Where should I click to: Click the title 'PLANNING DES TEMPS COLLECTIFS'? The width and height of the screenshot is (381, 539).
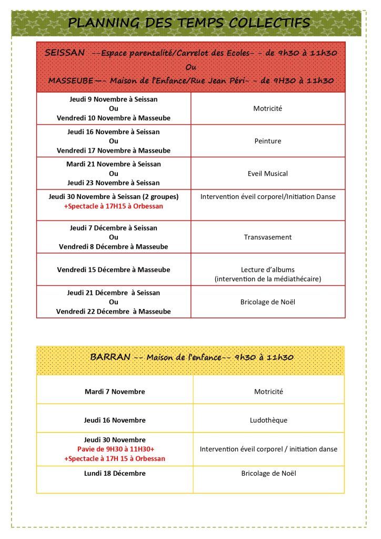pyautogui.click(x=189, y=23)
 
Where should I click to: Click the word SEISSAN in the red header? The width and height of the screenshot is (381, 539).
pyautogui.click(x=65, y=53)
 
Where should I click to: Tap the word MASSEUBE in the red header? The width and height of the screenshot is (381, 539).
pyautogui.click(x=68, y=81)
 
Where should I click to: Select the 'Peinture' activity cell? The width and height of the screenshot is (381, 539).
pyautogui.click(x=268, y=141)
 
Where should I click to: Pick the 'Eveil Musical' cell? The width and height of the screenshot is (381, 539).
pyautogui.click(x=268, y=173)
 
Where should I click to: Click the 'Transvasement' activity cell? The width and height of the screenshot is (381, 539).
pyautogui.click(x=268, y=237)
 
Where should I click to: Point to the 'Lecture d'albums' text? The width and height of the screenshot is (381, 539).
pyautogui.click(x=268, y=269)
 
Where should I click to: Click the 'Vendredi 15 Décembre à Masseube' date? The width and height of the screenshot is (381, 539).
pyautogui.click(x=114, y=270)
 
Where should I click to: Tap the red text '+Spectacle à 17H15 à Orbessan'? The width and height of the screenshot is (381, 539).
pyautogui.click(x=114, y=206)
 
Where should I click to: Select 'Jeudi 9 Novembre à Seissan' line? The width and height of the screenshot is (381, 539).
pyautogui.click(x=114, y=99)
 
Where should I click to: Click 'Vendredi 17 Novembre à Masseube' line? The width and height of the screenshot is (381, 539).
pyautogui.click(x=114, y=151)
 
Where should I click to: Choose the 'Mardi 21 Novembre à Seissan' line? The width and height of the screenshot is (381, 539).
pyautogui.click(x=114, y=164)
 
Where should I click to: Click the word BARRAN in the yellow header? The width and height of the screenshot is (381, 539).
pyautogui.click(x=110, y=357)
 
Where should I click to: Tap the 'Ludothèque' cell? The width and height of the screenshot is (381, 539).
pyautogui.click(x=268, y=421)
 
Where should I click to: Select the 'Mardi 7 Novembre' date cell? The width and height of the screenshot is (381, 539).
pyautogui.click(x=115, y=392)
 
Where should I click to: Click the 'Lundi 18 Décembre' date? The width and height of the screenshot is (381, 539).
pyautogui.click(x=115, y=473)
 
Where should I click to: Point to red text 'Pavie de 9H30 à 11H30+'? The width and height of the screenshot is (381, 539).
pyautogui.click(x=115, y=449)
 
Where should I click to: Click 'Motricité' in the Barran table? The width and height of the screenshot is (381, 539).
pyautogui.click(x=268, y=392)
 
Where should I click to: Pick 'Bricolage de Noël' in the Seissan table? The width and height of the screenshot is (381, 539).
pyautogui.click(x=268, y=302)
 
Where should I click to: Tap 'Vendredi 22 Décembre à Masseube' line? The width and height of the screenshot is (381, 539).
pyautogui.click(x=114, y=312)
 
